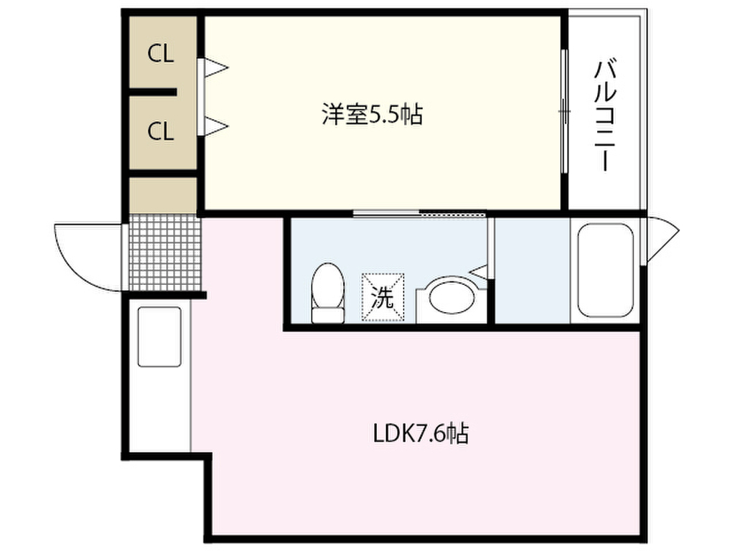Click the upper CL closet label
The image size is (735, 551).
pos(160,54)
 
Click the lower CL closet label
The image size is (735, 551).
pos(160,131)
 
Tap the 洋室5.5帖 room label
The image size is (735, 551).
pos(373,114)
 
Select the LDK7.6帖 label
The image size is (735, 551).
pos(421,433)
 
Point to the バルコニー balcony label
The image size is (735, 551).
pos(605,115)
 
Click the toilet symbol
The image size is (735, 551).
pos(327,293)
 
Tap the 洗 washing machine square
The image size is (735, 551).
pos(383,297)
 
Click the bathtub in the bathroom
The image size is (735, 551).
pos(605,270)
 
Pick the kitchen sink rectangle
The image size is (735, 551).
pos(159,336)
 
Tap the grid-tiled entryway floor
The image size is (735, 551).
pos(164,253)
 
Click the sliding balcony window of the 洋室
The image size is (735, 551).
pos(564,111)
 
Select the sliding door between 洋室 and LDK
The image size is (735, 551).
pos(419,214)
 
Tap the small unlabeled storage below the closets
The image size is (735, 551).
pos(163,195)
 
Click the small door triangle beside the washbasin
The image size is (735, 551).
pos(479,270)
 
